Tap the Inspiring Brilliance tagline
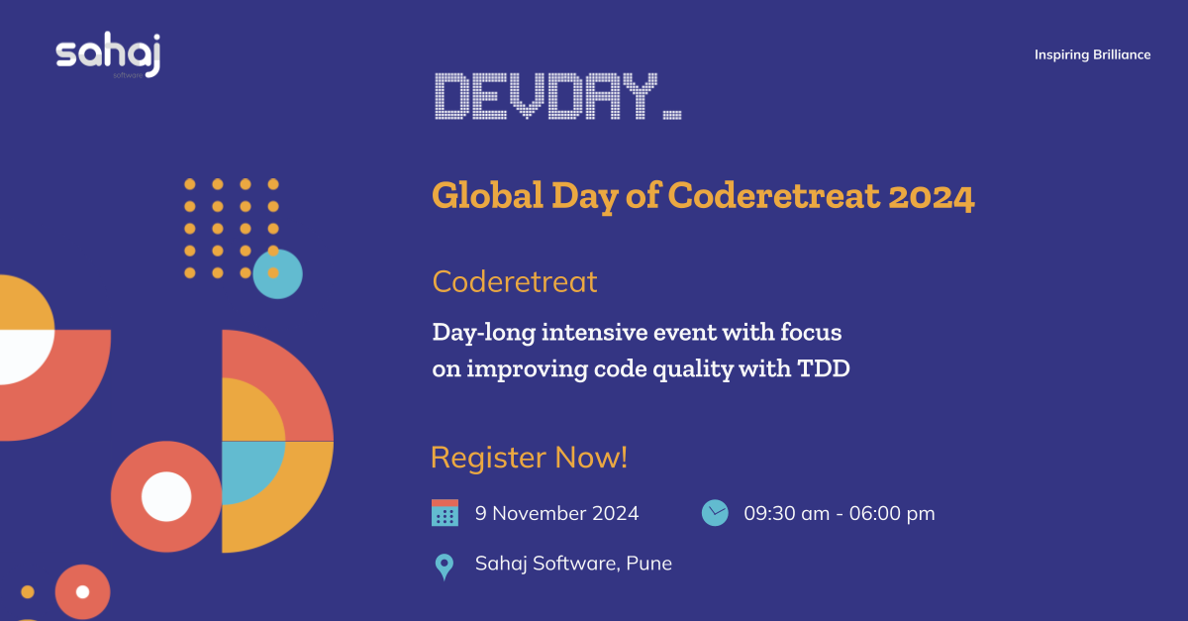[1092, 54]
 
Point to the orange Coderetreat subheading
[515, 282]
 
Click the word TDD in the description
[824, 368]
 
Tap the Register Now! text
[530, 458]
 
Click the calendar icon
[445, 513]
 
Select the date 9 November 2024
[556, 513]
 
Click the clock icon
[715, 512]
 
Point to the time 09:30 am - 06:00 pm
[840, 513]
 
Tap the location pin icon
[445, 566]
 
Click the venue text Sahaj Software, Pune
[573, 564]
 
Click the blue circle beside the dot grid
[278, 274]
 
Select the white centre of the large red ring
[166, 496]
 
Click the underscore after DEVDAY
[671, 117]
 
